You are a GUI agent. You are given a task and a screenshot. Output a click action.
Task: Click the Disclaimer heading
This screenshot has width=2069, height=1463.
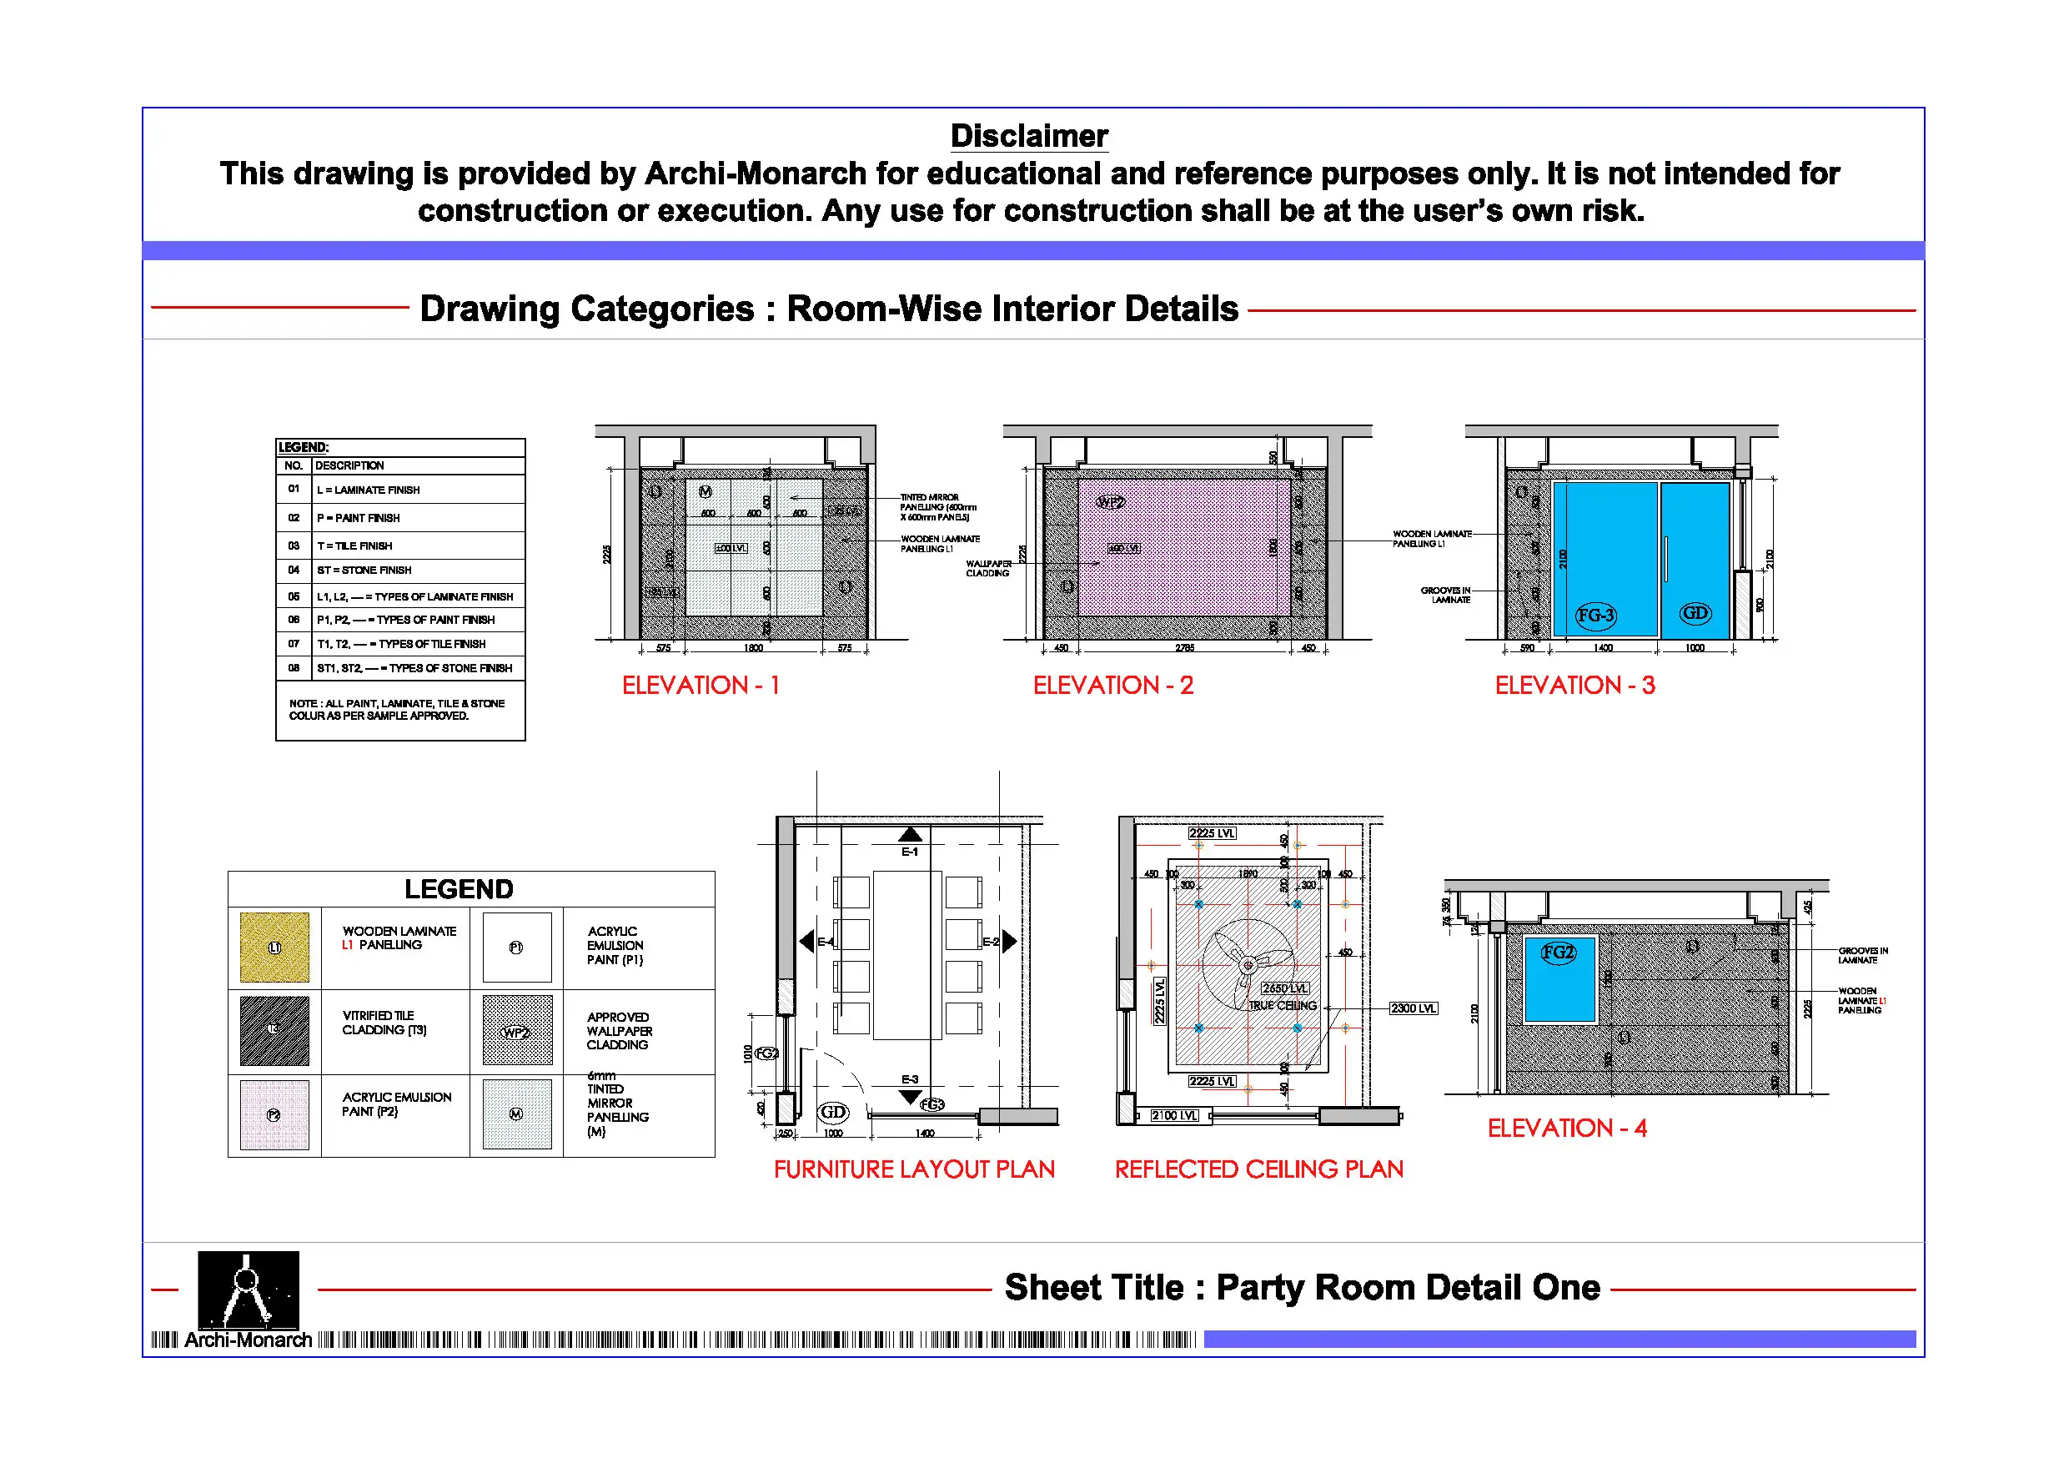[1028, 136]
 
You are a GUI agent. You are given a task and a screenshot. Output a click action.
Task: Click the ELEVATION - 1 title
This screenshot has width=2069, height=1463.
[701, 685]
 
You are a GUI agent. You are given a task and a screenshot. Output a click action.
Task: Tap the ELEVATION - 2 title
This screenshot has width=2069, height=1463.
[1113, 685]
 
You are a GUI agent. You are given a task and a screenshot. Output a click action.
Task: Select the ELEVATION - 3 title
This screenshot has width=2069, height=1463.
[1574, 685]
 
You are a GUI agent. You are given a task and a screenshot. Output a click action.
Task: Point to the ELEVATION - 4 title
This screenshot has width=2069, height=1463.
[1566, 1128]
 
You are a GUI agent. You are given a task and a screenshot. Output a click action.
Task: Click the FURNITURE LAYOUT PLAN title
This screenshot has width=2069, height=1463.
[914, 1169]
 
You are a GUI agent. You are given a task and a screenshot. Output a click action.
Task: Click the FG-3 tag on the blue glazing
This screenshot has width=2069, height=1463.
[1595, 616]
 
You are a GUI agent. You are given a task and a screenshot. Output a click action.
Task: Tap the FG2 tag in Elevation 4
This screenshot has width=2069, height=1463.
[1557, 952]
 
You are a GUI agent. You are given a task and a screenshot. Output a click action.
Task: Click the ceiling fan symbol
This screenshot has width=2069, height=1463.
[1248, 965]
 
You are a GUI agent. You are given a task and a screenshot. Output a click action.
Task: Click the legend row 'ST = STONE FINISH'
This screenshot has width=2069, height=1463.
[364, 570]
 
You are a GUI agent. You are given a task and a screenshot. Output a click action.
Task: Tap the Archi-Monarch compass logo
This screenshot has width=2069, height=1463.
[248, 1290]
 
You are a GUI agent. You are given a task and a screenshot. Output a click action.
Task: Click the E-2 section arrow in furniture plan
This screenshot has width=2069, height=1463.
[1008, 941]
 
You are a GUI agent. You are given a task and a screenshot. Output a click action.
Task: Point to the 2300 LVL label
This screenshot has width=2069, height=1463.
[1413, 1008]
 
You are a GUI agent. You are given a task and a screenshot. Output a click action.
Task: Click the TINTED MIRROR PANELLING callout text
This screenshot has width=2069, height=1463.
[937, 507]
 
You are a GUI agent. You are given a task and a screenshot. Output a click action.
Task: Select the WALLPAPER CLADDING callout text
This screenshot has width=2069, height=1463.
[988, 568]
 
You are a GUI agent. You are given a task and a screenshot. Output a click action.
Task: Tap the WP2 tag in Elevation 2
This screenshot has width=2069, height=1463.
[1110, 502]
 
